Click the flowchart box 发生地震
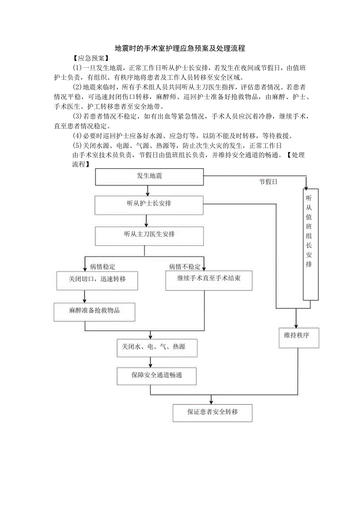tap(149, 176)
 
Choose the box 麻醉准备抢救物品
tap(94, 311)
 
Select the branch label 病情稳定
tap(103, 267)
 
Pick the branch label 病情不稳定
tap(184, 267)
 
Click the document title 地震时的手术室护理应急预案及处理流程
tap(180, 49)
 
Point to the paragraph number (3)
tap(77, 117)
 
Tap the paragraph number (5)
tap(77, 146)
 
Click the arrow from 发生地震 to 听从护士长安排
tap(148, 191)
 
